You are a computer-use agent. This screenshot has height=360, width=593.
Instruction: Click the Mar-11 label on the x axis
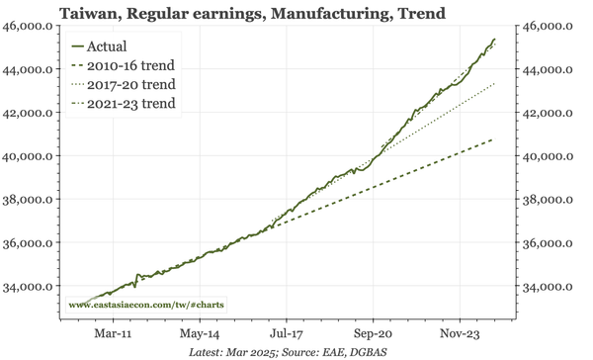pyautogui.click(x=109, y=334)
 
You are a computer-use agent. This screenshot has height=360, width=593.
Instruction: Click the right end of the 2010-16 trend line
pyautogui.click(x=492, y=139)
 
